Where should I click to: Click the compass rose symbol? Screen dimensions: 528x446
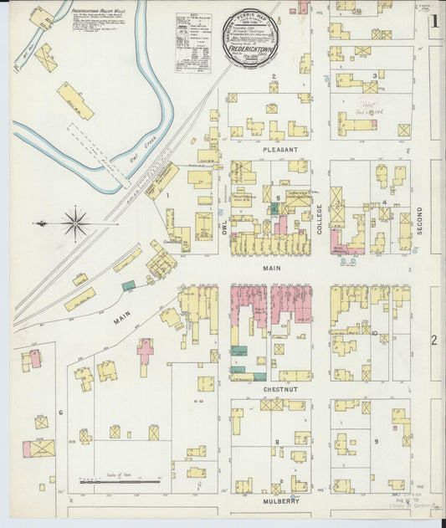click(x=75, y=223)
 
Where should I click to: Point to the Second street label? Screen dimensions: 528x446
click(x=420, y=218)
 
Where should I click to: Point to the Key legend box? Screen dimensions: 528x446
click(x=194, y=42)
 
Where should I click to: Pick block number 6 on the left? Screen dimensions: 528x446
click(x=60, y=413)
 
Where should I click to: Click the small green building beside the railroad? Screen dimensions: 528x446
click(x=128, y=285)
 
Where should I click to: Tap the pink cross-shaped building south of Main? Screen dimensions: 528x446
click(x=146, y=351)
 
